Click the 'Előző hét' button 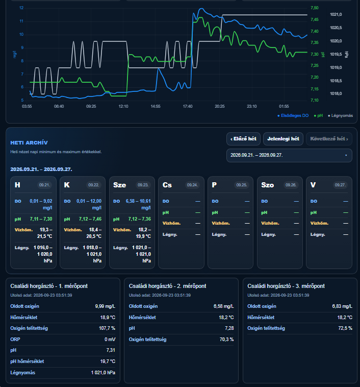[x=243, y=139]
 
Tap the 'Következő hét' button [x=329, y=139]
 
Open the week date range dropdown [x=289, y=155]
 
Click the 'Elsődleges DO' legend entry [x=293, y=115]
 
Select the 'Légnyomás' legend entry [x=340, y=115]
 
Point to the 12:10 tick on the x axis [x=123, y=106]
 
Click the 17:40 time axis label [x=188, y=106]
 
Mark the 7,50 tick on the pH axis [x=315, y=8]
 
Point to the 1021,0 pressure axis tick [x=336, y=15]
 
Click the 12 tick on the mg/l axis [x=21, y=8]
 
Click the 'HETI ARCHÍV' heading [x=29, y=142]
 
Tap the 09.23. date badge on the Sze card [x=143, y=185]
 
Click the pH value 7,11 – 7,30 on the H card [x=41, y=219]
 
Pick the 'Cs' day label [x=167, y=185]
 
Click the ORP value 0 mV [x=110, y=340]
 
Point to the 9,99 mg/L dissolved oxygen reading [x=105, y=306]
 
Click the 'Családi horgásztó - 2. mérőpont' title [x=167, y=286]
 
